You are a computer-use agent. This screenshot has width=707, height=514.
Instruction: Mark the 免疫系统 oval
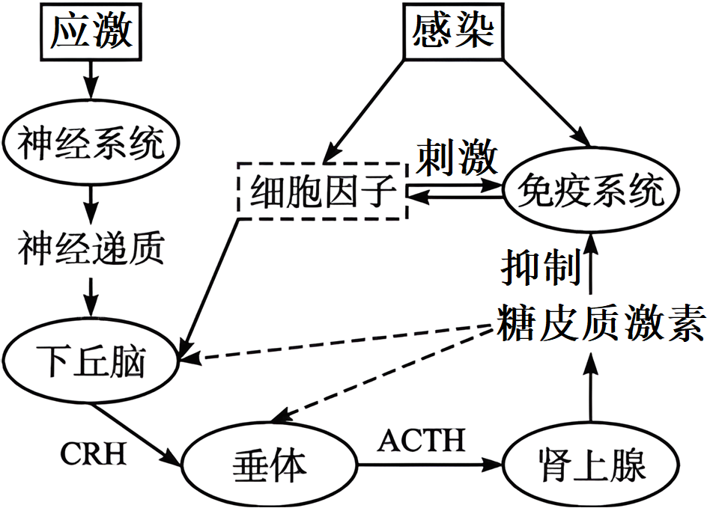(x=592, y=192)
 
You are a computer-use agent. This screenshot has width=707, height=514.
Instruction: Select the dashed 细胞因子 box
(x=322, y=192)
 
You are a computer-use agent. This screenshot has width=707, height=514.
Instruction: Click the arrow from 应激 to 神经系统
(x=91, y=87)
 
